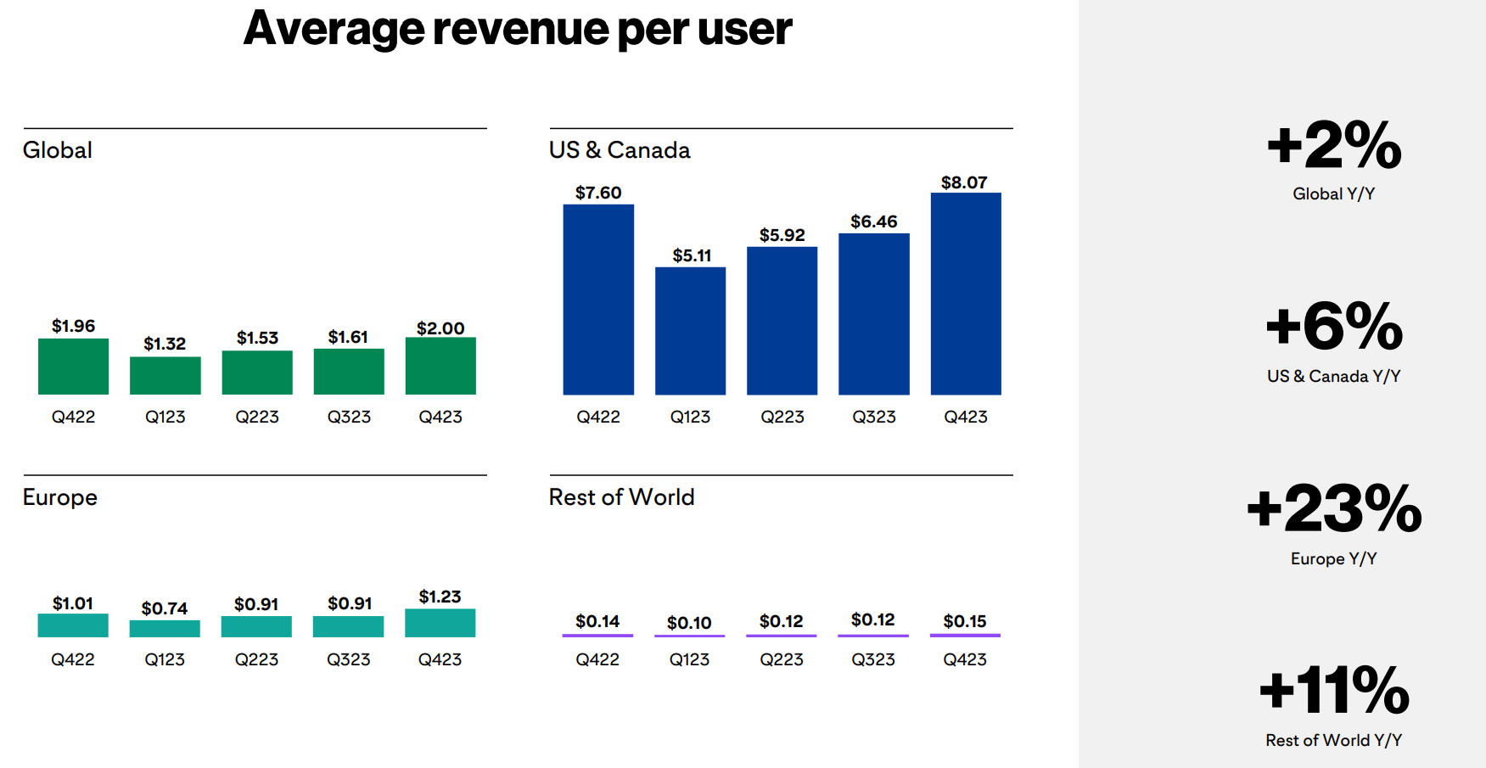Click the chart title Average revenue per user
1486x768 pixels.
(518, 29)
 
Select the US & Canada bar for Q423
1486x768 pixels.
(966, 294)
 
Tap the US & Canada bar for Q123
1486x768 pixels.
(690, 331)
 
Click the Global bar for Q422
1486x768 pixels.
(73, 367)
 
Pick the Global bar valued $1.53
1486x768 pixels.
(257, 373)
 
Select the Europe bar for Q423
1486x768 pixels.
(440, 623)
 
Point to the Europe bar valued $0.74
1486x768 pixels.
(165, 629)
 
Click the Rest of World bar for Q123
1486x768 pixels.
(689, 636)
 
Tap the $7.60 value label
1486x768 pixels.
(598, 193)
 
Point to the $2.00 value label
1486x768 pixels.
(440, 328)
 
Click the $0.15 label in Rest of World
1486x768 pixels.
(965, 621)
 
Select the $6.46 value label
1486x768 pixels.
(874, 221)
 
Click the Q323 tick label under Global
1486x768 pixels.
(349, 417)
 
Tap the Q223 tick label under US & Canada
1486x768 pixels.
(782, 417)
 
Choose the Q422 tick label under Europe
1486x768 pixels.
(73, 659)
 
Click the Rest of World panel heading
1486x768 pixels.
(622, 497)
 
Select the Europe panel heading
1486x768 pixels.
(60, 498)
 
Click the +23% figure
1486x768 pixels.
(1334, 508)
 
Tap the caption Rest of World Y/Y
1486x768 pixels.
(1334, 740)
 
